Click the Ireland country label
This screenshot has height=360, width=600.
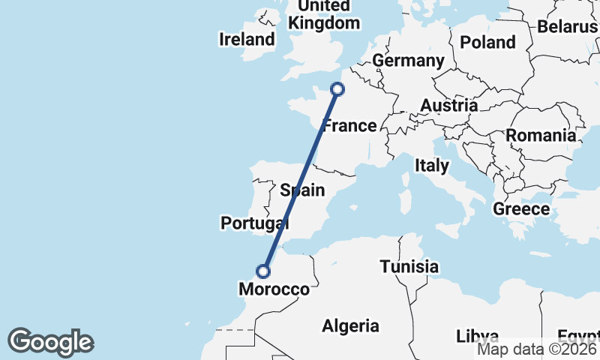(247, 39)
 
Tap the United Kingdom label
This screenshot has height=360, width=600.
(324, 15)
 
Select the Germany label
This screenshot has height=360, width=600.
(408, 60)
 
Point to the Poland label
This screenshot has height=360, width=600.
(487, 42)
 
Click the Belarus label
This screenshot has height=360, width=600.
(568, 27)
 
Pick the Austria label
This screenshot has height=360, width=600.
(448, 106)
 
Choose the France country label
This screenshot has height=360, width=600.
(349, 125)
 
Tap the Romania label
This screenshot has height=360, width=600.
(541, 136)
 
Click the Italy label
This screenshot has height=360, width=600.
(432, 165)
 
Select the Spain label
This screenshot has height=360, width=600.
(302, 190)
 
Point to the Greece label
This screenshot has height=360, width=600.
(521, 209)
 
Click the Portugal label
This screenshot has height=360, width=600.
(254, 223)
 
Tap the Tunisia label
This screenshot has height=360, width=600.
(409, 266)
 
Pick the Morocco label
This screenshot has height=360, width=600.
(274, 289)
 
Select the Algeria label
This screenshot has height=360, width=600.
(350, 325)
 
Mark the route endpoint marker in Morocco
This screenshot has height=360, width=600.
(263, 271)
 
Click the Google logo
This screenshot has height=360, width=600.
(50, 342)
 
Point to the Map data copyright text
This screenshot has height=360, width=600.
(538, 348)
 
